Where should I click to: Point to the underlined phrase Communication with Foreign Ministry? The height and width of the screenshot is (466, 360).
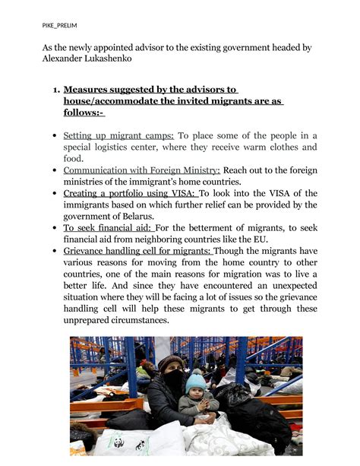point(142,170)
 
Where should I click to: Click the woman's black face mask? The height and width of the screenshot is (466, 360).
point(174,377)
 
